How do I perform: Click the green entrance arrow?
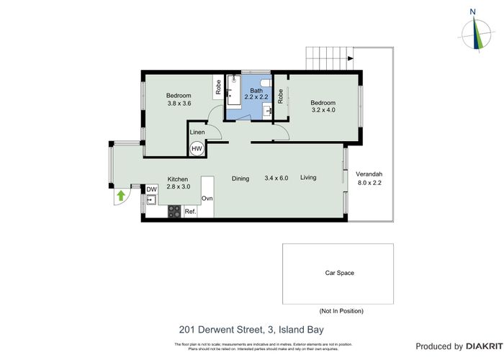point(121,194)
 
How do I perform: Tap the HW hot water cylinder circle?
point(197,148)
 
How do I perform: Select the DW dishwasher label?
point(151,190)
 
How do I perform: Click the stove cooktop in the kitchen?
point(174,212)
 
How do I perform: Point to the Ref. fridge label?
point(191,212)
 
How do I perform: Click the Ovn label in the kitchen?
point(207,198)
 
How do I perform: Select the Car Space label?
point(339,273)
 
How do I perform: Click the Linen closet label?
point(197,132)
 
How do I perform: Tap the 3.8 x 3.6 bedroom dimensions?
point(179,104)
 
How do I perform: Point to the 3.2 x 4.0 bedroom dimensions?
point(323,111)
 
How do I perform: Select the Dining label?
point(240,178)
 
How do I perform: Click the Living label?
point(308,178)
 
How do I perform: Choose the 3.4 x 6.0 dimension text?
point(276,178)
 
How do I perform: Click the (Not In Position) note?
point(341,310)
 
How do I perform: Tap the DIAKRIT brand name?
point(481,346)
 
